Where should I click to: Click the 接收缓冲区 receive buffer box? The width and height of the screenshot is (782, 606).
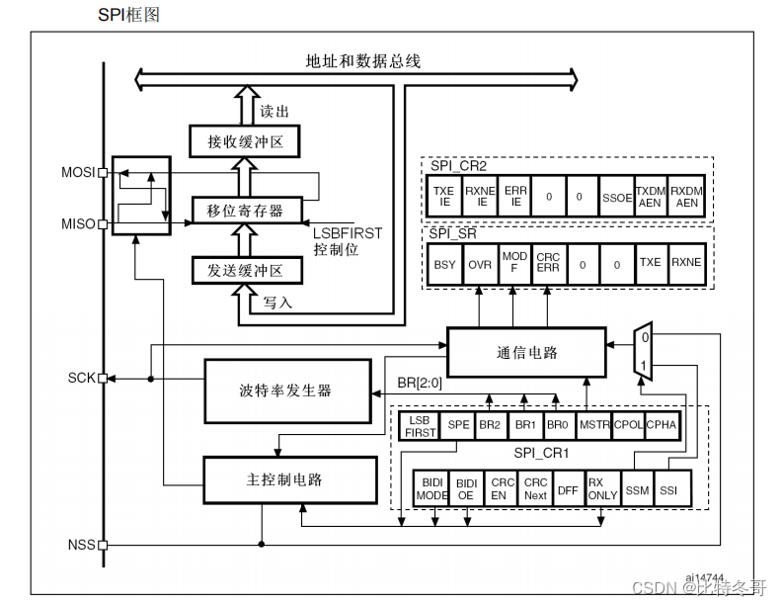coord(244,141)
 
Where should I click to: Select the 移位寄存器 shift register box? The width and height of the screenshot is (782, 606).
coord(244,211)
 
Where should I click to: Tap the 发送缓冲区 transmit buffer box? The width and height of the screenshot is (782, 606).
coord(244,270)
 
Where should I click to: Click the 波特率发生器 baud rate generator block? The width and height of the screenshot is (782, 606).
coord(284,390)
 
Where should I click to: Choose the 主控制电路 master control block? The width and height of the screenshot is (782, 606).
coord(289,479)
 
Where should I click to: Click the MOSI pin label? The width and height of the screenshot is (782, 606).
coord(77,173)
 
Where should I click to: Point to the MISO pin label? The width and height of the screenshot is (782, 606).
coord(77,224)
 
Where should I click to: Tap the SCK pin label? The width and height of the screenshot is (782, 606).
coord(81,379)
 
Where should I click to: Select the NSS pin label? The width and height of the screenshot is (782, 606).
coord(81,545)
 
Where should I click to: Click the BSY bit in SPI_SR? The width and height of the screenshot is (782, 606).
coord(445,265)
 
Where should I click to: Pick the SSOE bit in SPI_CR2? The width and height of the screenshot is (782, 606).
coord(616,197)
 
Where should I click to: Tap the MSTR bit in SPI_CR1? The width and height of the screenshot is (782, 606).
coord(593,424)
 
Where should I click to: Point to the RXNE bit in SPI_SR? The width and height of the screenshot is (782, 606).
coord(686,265)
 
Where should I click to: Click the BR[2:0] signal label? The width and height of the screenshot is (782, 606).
coord(419,382)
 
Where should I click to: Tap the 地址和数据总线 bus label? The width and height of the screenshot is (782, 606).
coord(362,61)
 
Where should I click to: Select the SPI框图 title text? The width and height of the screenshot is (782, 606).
coord(129,15)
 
